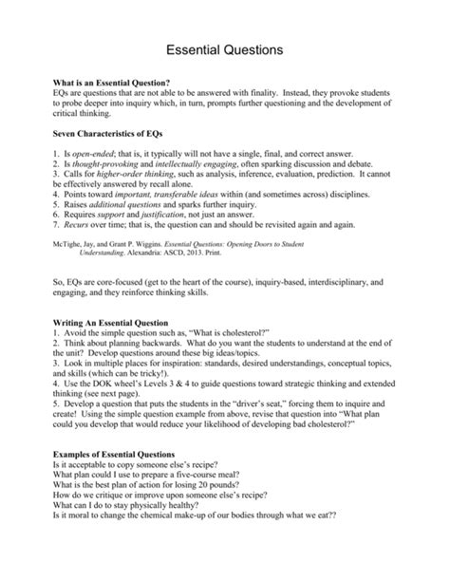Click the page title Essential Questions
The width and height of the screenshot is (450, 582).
tap(224, 47)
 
